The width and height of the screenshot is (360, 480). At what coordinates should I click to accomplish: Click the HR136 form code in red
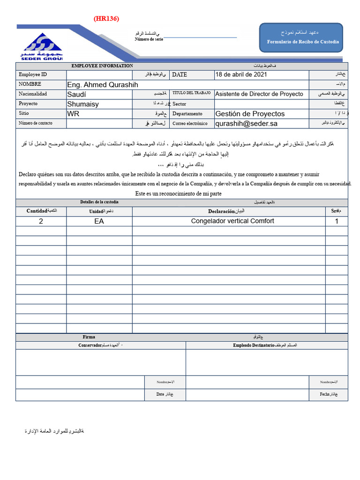106,19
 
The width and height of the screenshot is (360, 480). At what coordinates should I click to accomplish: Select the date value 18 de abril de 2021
241,75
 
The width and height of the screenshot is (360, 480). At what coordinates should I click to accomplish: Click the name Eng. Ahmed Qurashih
103,84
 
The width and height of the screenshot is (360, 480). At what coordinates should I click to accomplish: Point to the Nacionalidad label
33,94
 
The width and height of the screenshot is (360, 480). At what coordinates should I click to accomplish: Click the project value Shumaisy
83,104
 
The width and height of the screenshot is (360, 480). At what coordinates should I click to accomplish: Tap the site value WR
74,113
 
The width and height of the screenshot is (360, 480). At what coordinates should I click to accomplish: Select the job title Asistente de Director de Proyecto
259,94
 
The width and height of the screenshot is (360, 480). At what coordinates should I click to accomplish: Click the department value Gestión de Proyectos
250,113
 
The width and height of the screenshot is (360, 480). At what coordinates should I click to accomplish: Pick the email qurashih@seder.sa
247,123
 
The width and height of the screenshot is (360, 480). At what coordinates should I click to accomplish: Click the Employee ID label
33,75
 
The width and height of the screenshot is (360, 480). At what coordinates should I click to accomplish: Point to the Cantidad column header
37,211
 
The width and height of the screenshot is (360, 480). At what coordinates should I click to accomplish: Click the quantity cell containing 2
41,221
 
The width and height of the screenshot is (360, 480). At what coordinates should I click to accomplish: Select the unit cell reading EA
99,221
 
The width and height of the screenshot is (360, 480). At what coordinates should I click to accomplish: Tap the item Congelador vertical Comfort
232,221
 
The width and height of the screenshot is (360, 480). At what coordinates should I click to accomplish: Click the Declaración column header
222,211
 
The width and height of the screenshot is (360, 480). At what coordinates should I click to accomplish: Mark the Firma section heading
89,337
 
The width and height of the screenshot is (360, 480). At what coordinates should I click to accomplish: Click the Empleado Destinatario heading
254,345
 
